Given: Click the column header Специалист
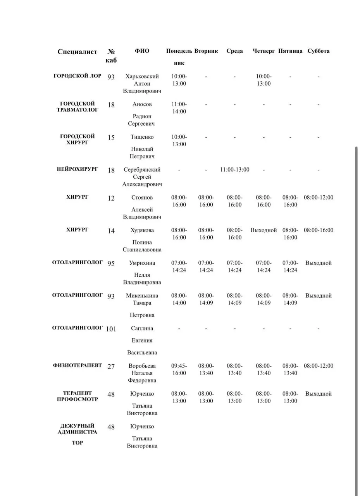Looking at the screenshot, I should coord(78,52).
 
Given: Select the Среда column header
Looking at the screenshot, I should coord(234,51).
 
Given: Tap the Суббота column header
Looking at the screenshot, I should coord(318,51).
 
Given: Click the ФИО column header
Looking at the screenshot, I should coord(142,51).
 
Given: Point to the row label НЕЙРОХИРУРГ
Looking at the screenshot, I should coord(78,169).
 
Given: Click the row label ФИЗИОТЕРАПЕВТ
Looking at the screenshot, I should coord(78,365).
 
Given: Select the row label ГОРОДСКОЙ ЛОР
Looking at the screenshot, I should coord(78,76).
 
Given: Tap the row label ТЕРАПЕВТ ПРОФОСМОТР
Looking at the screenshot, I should coord(78,396).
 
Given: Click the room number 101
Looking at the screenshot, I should coord(111,329).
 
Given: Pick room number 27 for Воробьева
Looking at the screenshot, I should coord(111,366).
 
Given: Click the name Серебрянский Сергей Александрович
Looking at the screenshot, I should coord(142,177).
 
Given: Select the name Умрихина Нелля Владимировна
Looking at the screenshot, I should coord(142,272).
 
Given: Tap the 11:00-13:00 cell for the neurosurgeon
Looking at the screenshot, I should coord(234,170).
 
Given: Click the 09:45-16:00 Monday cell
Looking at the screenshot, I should coord(179,369).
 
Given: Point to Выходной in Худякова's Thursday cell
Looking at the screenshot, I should coord(264,230).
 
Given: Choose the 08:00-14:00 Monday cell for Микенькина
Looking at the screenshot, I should coord(179,299).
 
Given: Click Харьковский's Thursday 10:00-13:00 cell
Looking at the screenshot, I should coord(264,80).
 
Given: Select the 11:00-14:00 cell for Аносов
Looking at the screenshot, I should coord(179,108).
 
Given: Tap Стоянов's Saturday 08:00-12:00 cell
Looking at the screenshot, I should coord(318,198).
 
